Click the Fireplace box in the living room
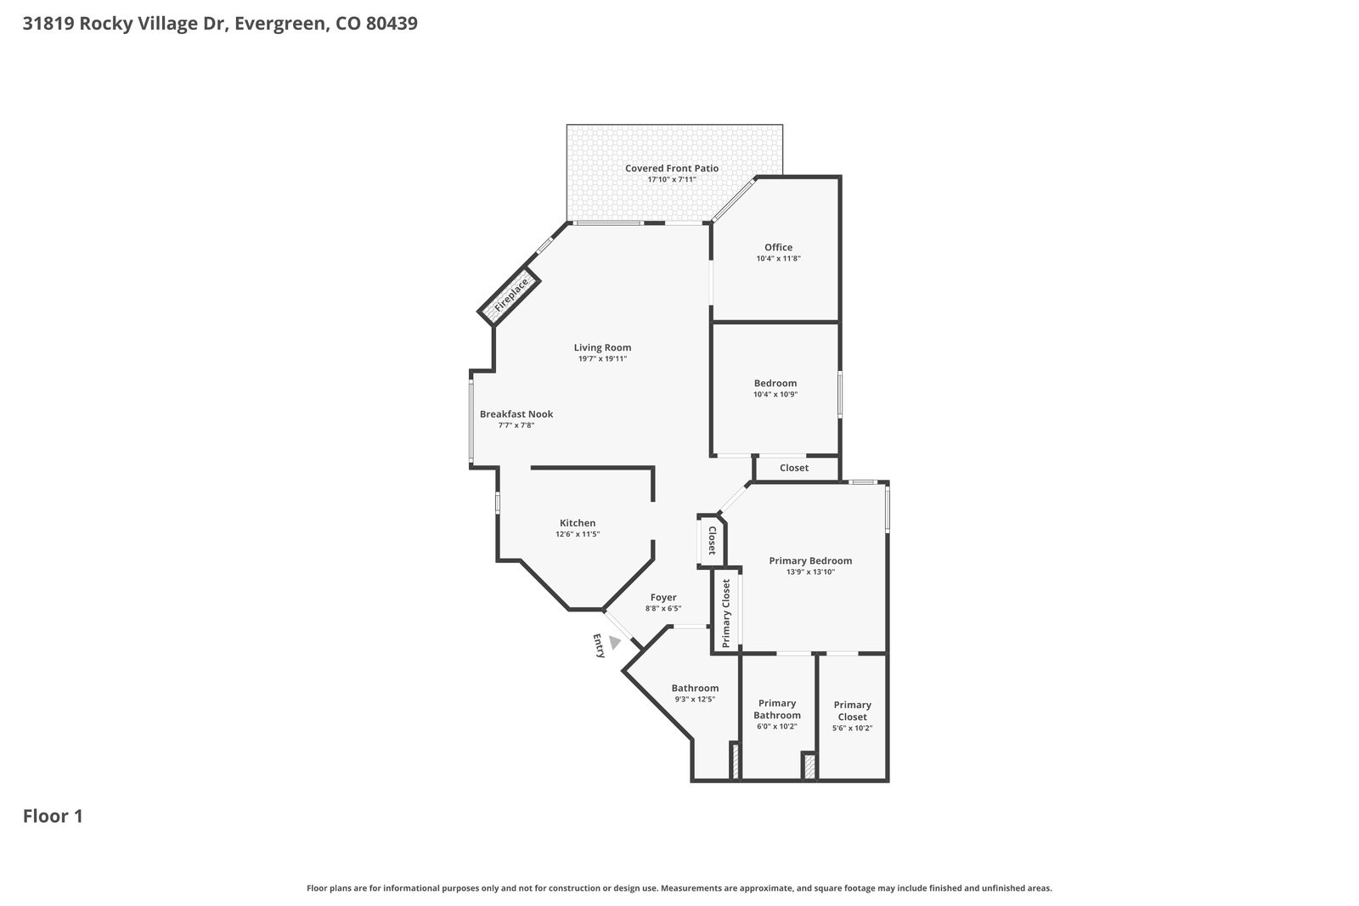pos(509,296)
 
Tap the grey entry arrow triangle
pos(615,642)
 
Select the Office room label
pos(778,247)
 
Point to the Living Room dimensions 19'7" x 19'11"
pos(602,358)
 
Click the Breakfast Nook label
pos(516,414)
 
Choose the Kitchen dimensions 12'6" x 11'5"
pos(578,534)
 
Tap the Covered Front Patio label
pos(672,168)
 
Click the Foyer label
pos(663,597)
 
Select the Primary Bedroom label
pos(810,561)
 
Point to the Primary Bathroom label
pos(777,709)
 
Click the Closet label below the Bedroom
pos(794,468)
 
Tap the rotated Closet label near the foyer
pos(713,540)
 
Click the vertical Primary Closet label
pos(726,613)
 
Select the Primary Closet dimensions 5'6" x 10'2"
pos(853,729)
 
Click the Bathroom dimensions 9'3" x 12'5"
pos(696,699)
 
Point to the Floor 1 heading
pos(53,816)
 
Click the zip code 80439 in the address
pos(392,23)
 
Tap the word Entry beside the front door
pos(599,646)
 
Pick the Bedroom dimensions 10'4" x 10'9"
pos(775,394)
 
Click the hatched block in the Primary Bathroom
pos(809,766)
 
